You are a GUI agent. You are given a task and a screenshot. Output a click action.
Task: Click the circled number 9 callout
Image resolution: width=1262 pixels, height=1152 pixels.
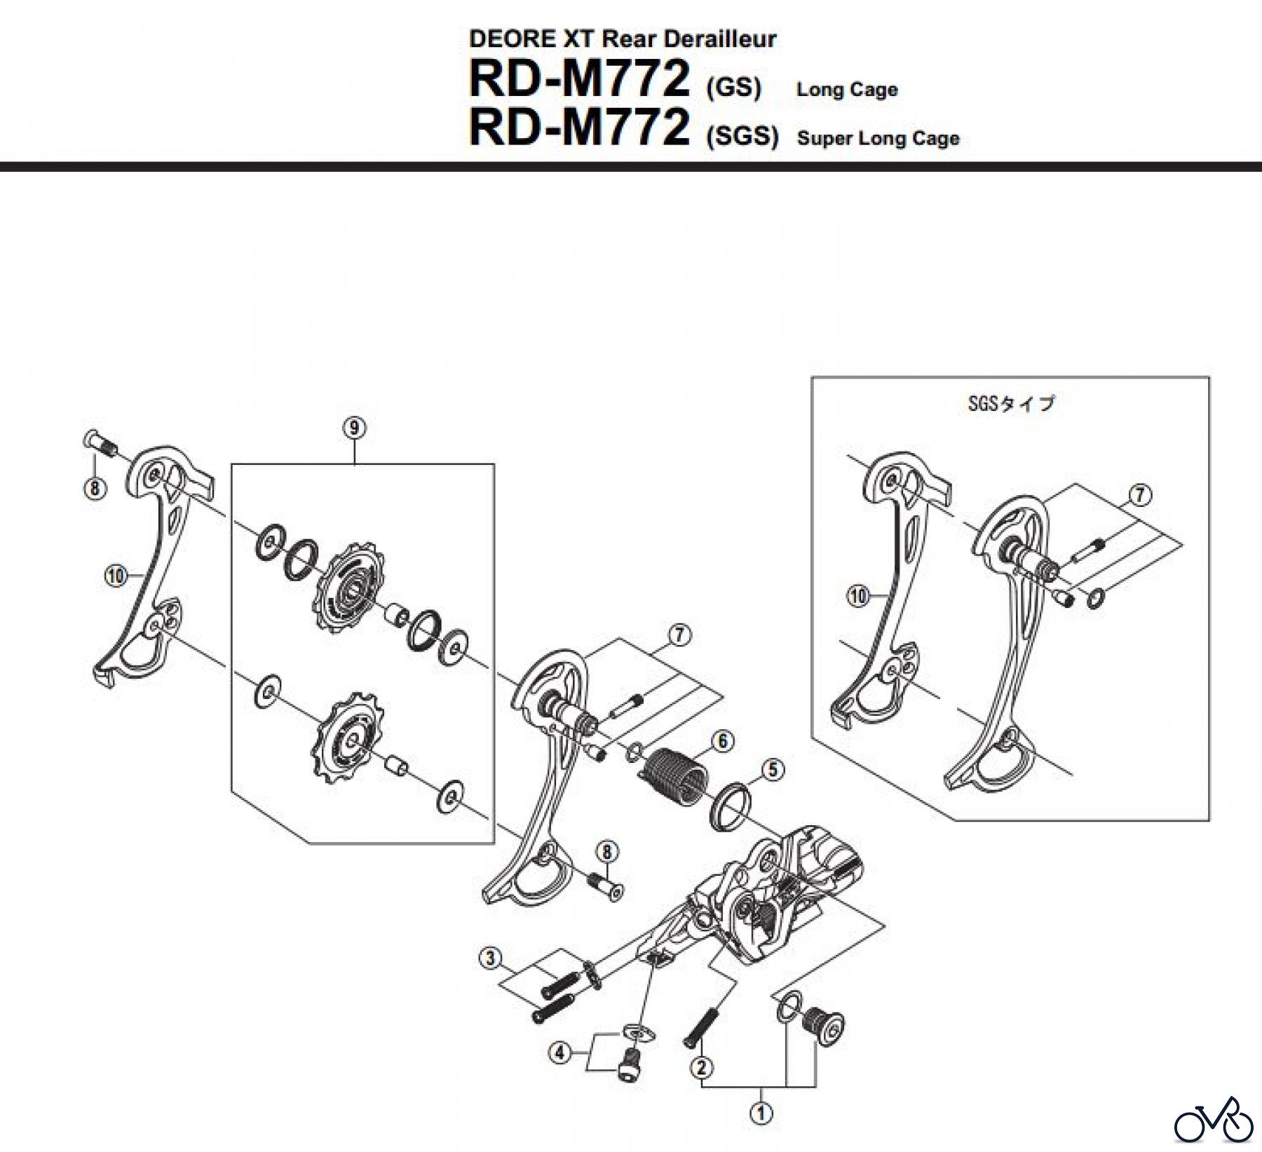(355, 428)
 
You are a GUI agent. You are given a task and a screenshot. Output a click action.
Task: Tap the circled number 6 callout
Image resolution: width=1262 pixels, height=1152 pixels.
(722, 741)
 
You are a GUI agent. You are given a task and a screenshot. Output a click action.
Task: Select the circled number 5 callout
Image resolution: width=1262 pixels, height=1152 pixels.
(772, 770)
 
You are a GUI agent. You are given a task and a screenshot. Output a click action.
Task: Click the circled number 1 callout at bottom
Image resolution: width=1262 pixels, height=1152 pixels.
(761, 1113)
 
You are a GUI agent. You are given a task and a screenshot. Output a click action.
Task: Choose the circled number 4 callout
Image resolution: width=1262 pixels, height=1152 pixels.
(559, 1053)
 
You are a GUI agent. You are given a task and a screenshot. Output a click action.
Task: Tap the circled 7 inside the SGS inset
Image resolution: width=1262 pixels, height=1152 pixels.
(1140, 495)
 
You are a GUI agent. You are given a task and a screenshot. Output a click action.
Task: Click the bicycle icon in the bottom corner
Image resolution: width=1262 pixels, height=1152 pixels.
(1212, 1125)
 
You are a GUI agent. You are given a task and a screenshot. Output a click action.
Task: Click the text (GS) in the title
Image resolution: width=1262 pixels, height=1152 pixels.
(733, 88)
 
